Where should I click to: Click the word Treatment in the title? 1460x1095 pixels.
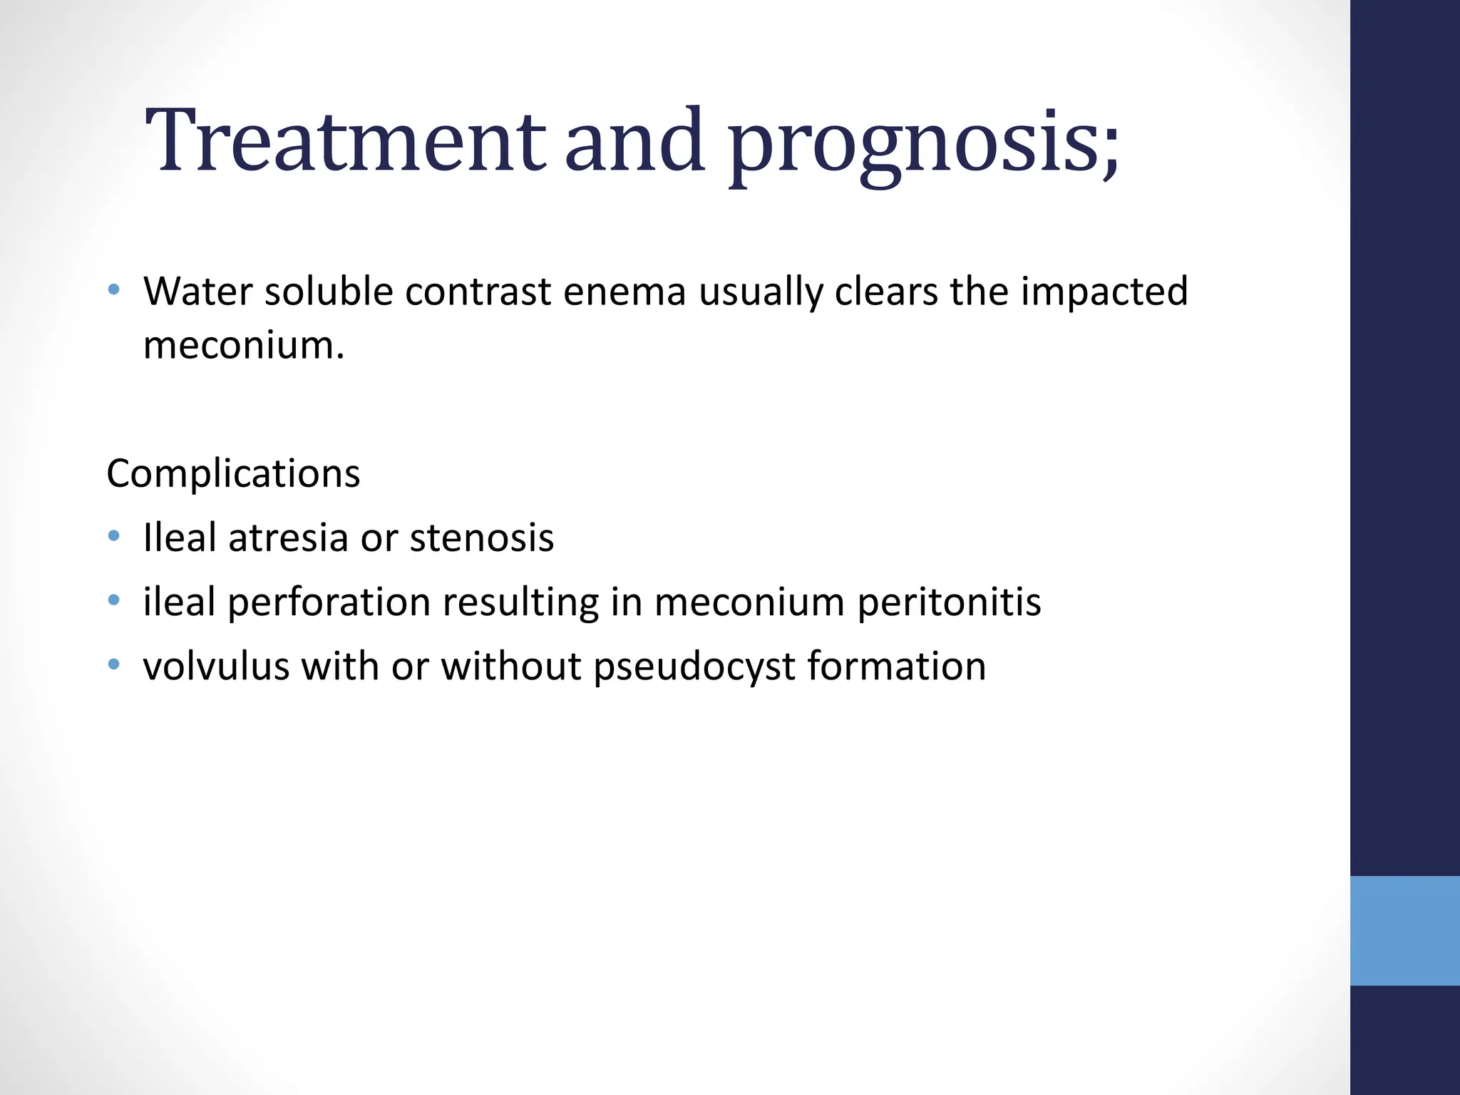pyautogui.click(x=345, y=140)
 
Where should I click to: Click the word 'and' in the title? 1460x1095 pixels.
pyautogui.click(x=634, y=140)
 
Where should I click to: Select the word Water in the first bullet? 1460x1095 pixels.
pyautogui.click(x=197, y=292)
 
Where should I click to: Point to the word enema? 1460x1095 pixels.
pyautogui.click(x=624, y=292)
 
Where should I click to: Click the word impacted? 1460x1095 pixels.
pyautogui.click(x=1104, y=292)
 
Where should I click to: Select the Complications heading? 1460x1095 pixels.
pyautogui.click(x=233, y=473)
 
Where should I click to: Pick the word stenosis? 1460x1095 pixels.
pyautogui.click(x=482, y=538)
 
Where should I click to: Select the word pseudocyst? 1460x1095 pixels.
pyautogui.click(x=694, y=667)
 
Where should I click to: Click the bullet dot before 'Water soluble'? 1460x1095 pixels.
pyautogui.click(x=114, y=289)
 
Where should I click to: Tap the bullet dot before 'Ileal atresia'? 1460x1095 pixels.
pyautogui.click(x=114, y=536)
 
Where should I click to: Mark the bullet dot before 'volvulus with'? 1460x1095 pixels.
pyautogui.click(x=114, y=665)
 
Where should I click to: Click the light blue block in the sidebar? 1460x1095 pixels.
pyautogui.click(x=1404, y=931)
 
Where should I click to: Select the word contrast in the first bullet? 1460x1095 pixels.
pyautogui.click(x=478, y=292)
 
